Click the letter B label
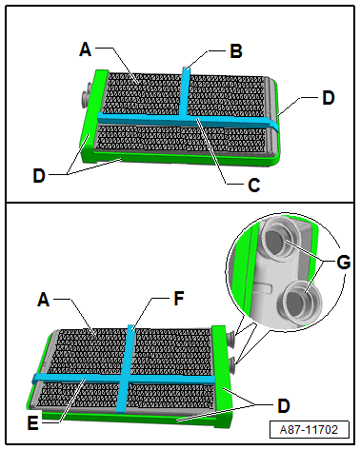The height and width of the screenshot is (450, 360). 236,51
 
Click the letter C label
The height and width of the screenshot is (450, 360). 254,185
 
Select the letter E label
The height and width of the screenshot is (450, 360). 32,423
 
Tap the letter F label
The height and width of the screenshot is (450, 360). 179,299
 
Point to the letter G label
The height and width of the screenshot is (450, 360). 344,263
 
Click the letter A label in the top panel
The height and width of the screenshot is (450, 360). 85,49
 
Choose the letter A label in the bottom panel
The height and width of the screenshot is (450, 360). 44,300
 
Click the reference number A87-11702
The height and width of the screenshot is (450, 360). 309,430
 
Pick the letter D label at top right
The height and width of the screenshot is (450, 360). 329,98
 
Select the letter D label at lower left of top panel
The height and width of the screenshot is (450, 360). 39,175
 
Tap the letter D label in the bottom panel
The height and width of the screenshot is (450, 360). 284,405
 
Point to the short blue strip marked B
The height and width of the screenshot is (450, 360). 185,91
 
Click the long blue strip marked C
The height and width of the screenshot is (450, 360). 188,120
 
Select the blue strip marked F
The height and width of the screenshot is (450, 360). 126,368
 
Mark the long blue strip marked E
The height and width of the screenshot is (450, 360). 124,379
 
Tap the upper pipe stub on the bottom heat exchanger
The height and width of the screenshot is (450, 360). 230,337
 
